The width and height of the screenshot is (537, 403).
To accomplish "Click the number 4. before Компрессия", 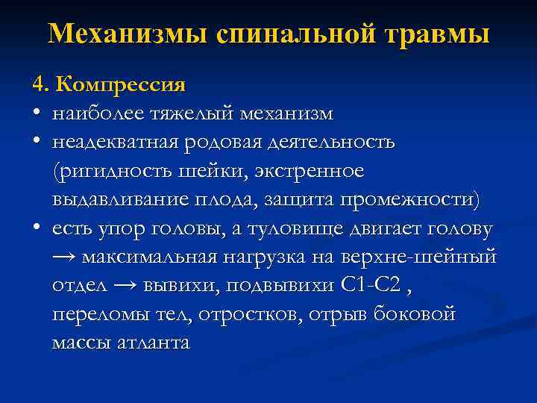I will tap(39, 84).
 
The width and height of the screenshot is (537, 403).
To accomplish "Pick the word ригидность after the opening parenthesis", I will tap(107, 172).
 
